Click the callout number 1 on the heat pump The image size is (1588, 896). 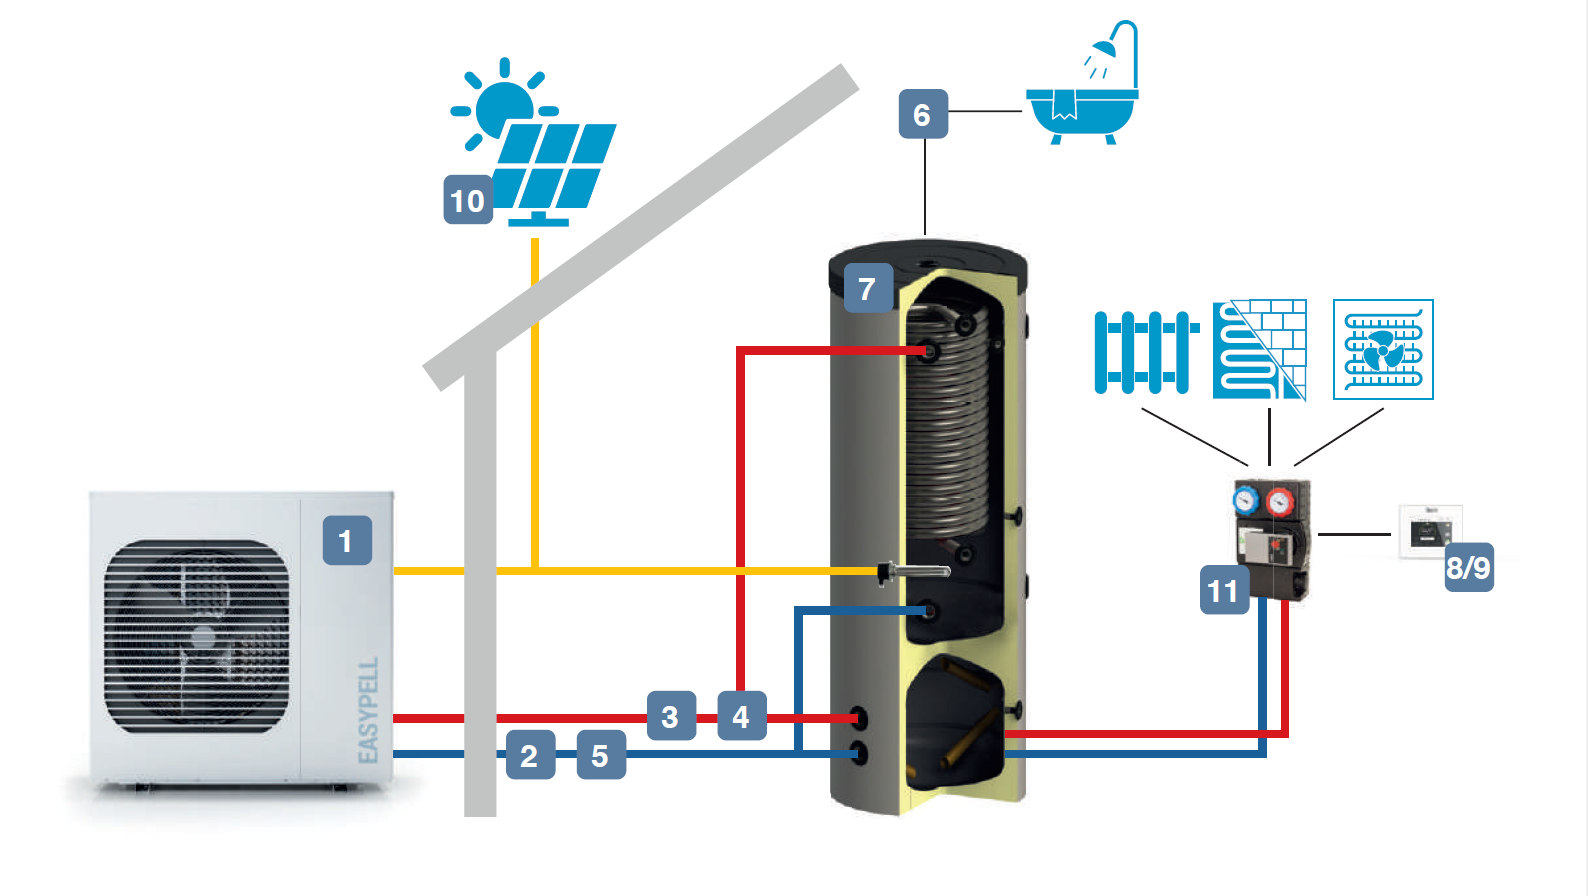[347, 541]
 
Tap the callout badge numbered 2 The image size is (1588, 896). [530, 755]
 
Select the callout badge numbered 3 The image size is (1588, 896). [671, 716]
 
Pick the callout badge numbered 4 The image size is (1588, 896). [741, 716]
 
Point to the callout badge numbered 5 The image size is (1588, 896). [601, 755]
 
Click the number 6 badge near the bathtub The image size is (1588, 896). [923, 114]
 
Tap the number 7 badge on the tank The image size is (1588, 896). [867, 288]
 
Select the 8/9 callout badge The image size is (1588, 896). [1469, 568]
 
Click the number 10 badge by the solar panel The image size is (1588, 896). [468, 200]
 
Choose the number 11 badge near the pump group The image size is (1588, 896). [1224, 590]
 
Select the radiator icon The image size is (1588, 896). [1145, 352]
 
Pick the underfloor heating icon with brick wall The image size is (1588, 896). [1260, 350]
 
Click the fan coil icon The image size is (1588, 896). [1383, 350]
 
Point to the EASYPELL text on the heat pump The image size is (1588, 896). [368, 710]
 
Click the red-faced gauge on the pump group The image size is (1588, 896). [1280, 501]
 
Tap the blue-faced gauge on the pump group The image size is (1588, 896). [1246, 500]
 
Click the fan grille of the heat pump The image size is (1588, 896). [197, 636]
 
